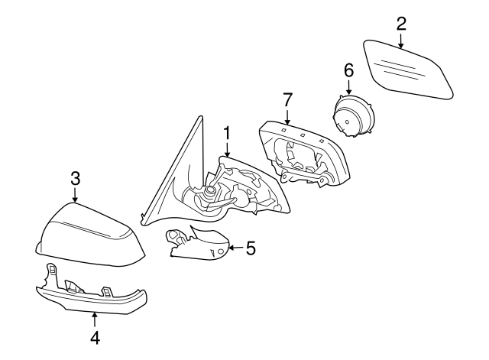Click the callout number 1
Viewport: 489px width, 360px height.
click(x=227, y=134)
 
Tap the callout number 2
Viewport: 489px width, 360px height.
click(x=401, y=23)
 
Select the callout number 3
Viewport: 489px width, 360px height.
click(x=75, y=179)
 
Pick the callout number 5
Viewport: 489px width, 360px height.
click(x=250, y=248)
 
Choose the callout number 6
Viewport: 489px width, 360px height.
click(x=348, y=70)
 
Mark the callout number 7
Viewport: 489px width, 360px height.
click(x=287, y=99)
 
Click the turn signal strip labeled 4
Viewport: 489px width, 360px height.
click(x=92, y=296)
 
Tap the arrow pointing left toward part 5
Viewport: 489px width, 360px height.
click(x=235, y=248)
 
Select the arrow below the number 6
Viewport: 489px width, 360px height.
click(x=348, y=87)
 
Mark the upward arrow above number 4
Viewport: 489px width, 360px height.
click(x=95, y=317)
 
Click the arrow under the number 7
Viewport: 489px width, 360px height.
click(x=287, y=117)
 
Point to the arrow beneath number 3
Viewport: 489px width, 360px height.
click(x=75, y=196)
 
